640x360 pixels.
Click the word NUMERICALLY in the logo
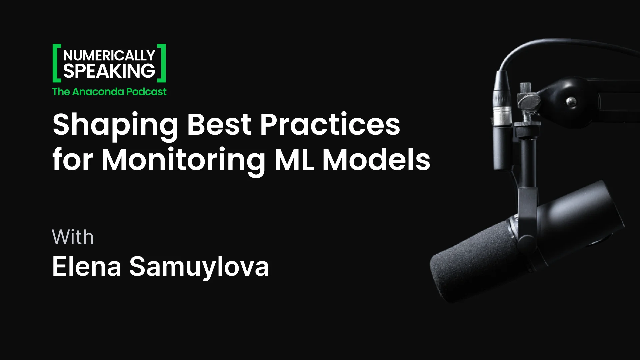[109, 55]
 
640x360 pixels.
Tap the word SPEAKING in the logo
[109, 71]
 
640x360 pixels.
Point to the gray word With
[73, 237]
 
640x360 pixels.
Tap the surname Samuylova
[199, 267]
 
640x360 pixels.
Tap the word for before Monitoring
[73, 160]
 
